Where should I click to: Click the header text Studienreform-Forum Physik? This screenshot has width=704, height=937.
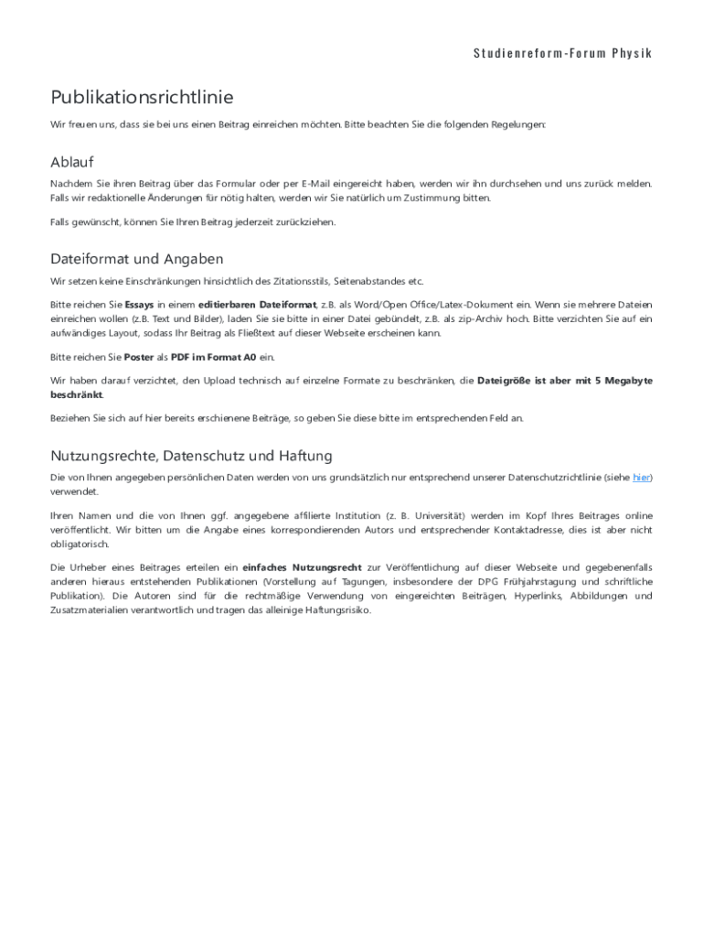point(562,52)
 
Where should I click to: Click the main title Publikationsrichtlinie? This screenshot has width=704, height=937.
point(142,97)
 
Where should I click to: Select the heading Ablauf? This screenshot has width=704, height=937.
point(72,162)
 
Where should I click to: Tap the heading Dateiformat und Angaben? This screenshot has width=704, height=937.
point(137,259)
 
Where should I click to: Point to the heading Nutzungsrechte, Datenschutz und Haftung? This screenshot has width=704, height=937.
point(191,455)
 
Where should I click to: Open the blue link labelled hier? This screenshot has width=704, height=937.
point(641,478)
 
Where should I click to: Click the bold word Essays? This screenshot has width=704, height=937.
point(139,304)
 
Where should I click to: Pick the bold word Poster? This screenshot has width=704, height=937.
point(139,357)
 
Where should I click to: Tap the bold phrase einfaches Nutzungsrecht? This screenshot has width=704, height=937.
point(302,567)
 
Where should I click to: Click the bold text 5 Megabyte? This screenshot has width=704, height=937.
point(618,380)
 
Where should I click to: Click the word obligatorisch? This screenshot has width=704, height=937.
point(80,544)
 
